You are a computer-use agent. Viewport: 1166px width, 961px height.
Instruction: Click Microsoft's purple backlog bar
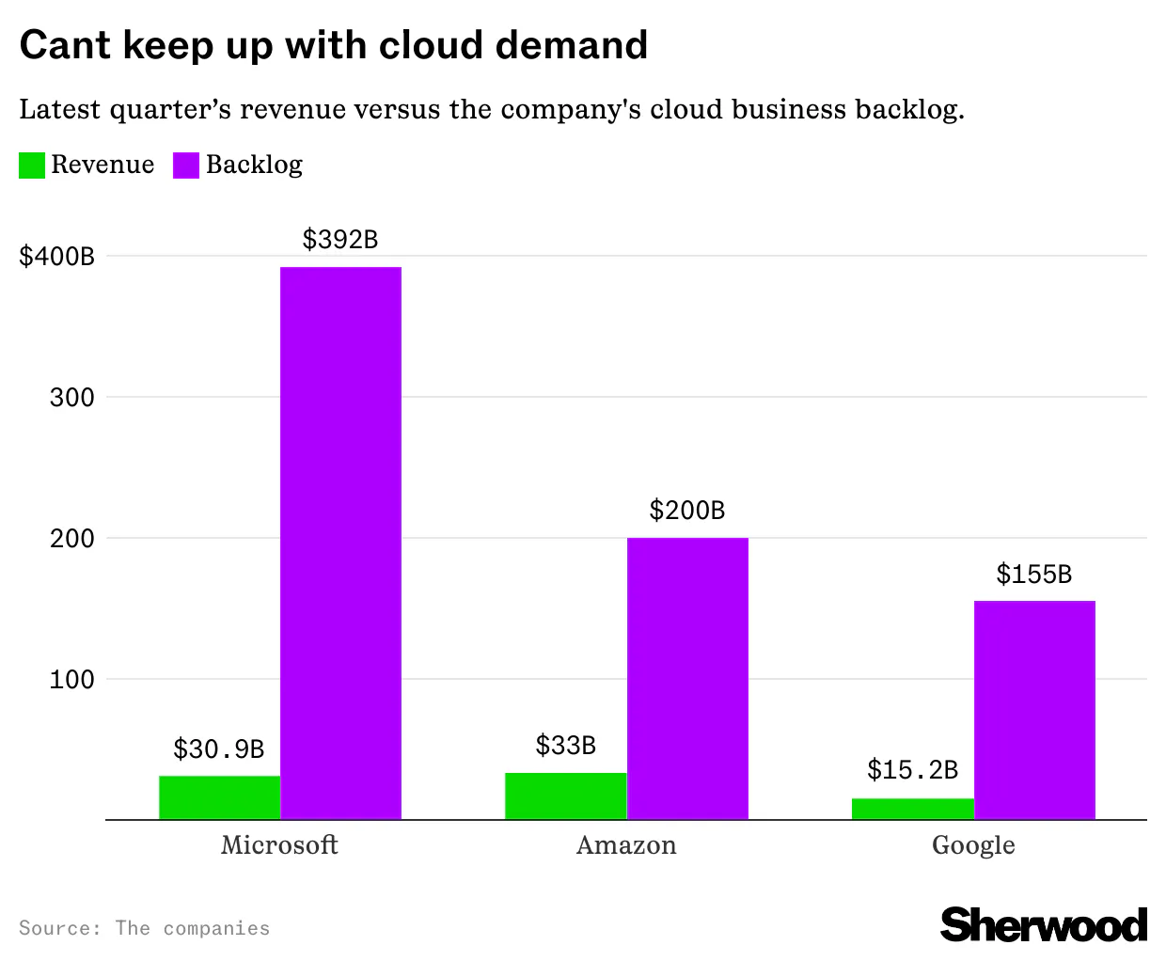point(340,543)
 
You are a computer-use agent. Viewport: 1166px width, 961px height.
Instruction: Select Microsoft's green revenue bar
point(219,797)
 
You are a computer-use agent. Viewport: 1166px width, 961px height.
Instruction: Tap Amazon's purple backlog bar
point(687,678)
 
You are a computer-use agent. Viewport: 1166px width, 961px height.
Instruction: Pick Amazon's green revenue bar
point(565,796)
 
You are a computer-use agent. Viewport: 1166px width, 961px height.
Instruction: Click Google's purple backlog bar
point(1034,710)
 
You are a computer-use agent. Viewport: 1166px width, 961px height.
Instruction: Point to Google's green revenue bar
point(912,809)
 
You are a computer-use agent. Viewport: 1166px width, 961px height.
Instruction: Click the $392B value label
point(340,240)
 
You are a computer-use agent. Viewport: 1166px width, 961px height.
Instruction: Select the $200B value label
point(687,511)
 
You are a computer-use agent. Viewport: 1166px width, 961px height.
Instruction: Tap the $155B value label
point(1034,575)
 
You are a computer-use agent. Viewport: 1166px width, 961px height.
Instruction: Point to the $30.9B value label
point(219,749)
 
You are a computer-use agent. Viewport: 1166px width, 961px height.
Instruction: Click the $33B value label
point(565,746)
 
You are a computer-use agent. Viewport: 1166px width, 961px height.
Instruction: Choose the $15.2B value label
point(912,771)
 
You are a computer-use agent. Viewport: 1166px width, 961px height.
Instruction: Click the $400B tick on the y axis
point(57,256)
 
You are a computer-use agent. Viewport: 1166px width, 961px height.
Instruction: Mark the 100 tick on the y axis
point(72,680)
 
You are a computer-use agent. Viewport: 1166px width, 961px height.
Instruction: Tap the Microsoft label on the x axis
point(279,844)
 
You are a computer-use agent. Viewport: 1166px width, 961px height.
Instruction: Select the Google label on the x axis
point(973,844)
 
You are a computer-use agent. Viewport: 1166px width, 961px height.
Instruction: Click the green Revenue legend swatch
point(32,165)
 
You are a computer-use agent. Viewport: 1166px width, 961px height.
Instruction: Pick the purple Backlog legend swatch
point(186,165)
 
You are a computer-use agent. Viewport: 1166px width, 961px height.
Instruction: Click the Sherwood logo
point(1044,925)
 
